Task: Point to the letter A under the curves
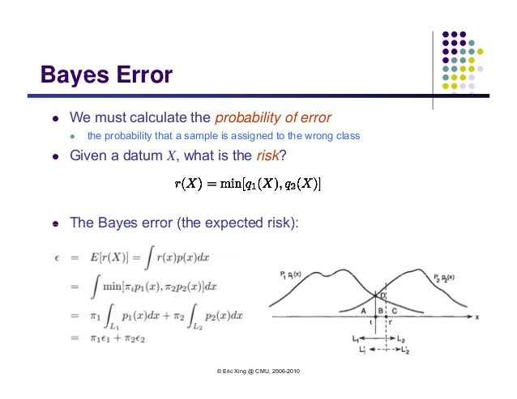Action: [x=363, y=311]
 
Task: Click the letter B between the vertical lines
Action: [x=378, y=311]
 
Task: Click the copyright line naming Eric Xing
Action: [x=258, y=371]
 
